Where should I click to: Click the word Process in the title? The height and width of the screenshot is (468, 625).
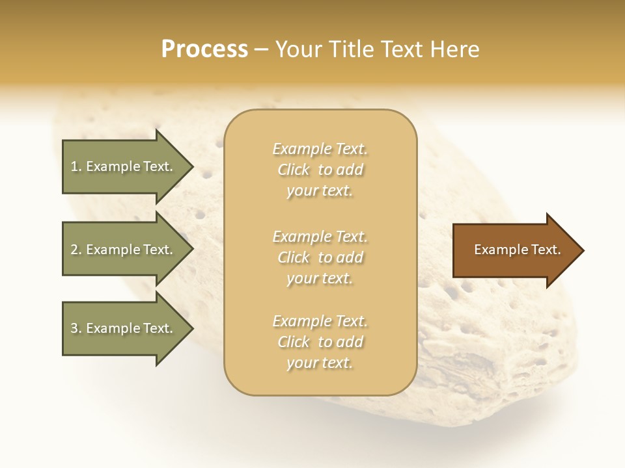click(204, 49)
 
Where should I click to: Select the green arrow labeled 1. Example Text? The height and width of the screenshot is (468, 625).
click(124, 166)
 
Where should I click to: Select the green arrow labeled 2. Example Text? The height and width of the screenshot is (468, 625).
click(124, 250)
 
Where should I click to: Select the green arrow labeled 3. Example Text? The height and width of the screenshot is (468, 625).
click(124, 328)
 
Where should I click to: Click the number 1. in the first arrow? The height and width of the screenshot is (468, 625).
click(76, 166)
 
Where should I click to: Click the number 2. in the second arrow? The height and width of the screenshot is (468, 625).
click(76, 250)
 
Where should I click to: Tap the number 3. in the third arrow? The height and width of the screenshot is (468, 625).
click(76, 328)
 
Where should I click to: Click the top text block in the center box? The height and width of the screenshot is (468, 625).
click(320, 170)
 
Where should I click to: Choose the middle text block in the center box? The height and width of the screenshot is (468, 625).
click(320, 257)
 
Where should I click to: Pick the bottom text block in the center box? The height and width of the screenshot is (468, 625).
click(320, 342)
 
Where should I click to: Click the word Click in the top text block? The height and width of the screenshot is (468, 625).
click(294, 170)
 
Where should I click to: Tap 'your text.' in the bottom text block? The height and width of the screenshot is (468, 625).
click(320, 363)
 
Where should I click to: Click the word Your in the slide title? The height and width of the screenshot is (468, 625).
click(297, 49)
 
